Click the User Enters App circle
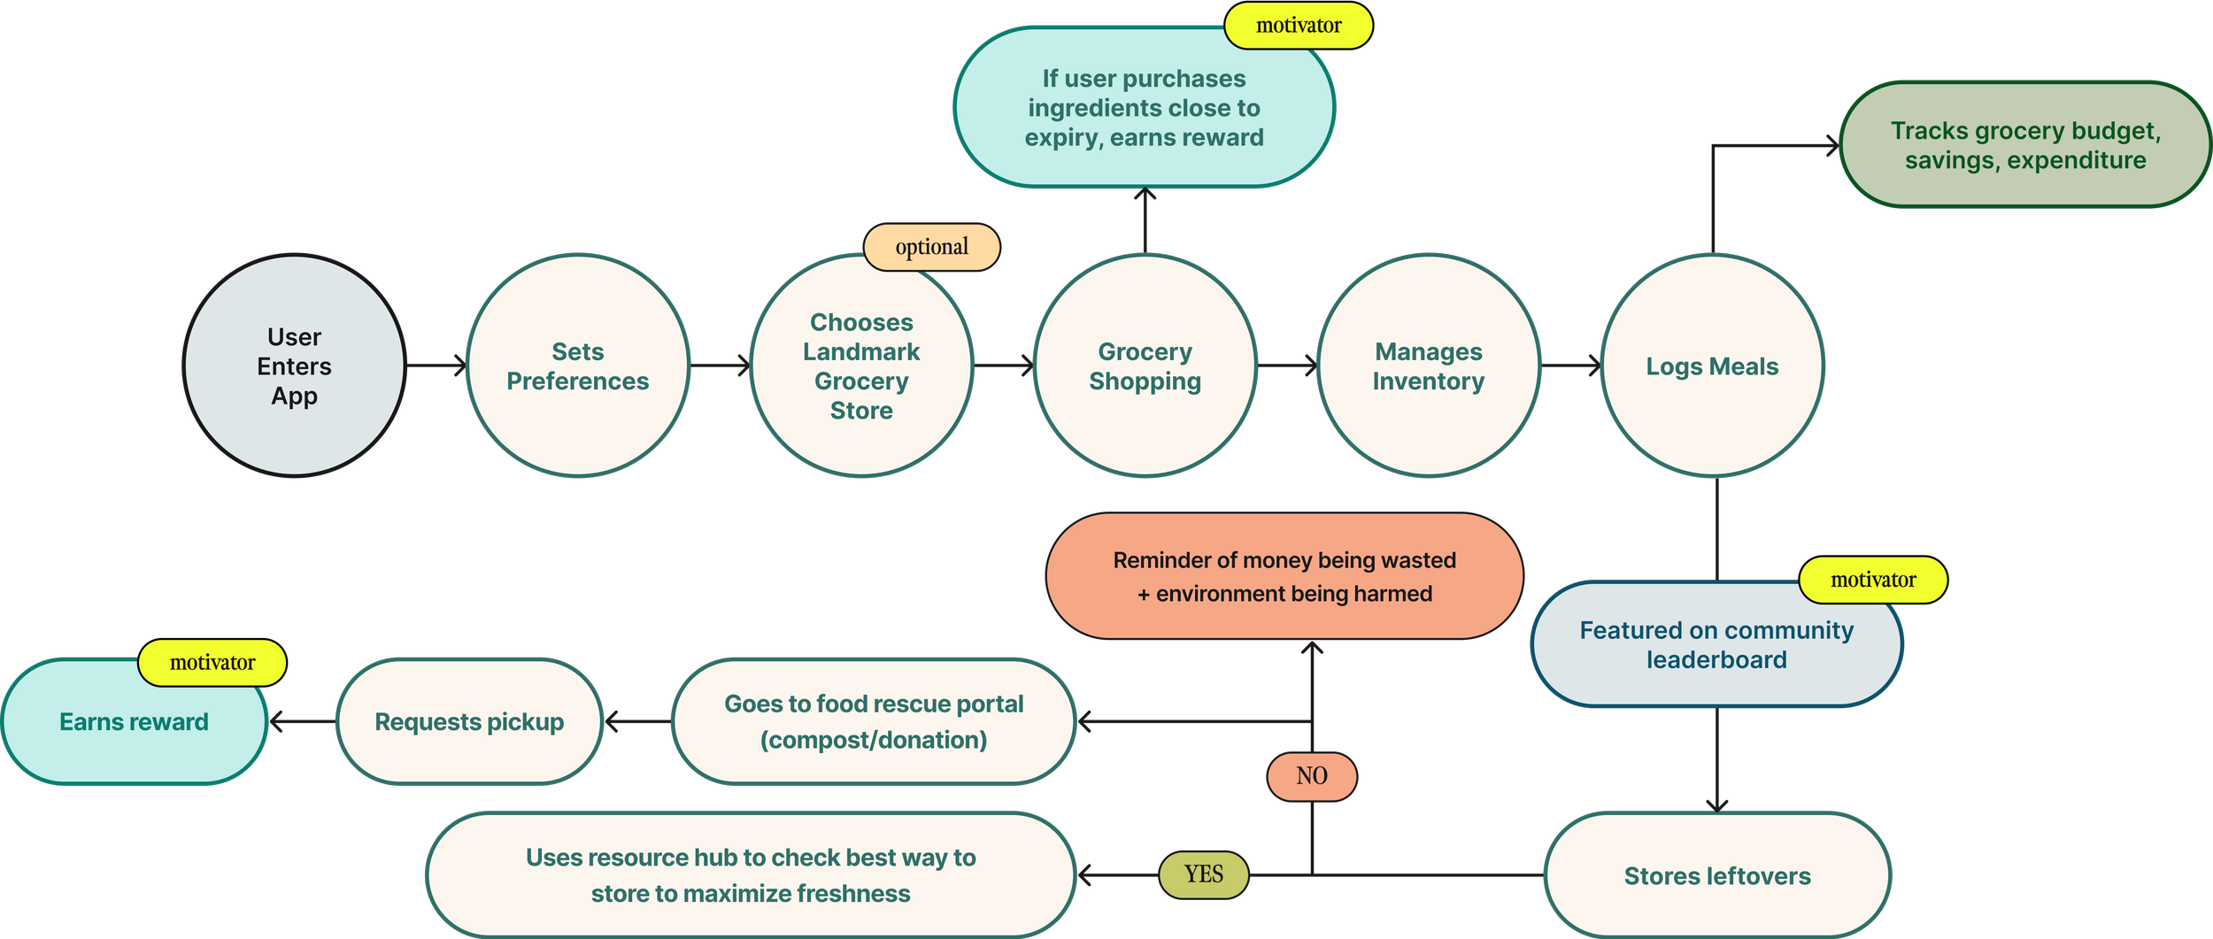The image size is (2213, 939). pos(294,366)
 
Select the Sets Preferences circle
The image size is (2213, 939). pos(577,366)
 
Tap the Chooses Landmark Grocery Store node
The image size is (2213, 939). pos(861,366)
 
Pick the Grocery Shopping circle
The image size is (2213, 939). pos(1145,366)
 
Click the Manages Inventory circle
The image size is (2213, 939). pos(1428,366)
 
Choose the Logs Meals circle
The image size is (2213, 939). pos(1712,366)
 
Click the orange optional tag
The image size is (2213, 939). pos(931,247)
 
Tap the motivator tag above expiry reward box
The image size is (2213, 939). pos(1298,26)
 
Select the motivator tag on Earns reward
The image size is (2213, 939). pos(212,663)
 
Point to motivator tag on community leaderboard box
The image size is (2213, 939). pos(1872,581)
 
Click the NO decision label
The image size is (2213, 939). pos(1311,776)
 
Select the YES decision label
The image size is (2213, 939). pos(1203,874)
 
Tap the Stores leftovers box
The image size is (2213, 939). pos(1716,875)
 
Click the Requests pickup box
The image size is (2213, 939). pos(469,721)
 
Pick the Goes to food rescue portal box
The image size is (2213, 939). pos(874,721)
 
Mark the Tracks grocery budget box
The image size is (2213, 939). pos(2025,145)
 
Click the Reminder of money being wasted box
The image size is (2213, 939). pos(1284,576)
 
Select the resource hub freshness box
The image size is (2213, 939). pos(751,875)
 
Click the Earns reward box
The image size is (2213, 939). pos(134,722)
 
